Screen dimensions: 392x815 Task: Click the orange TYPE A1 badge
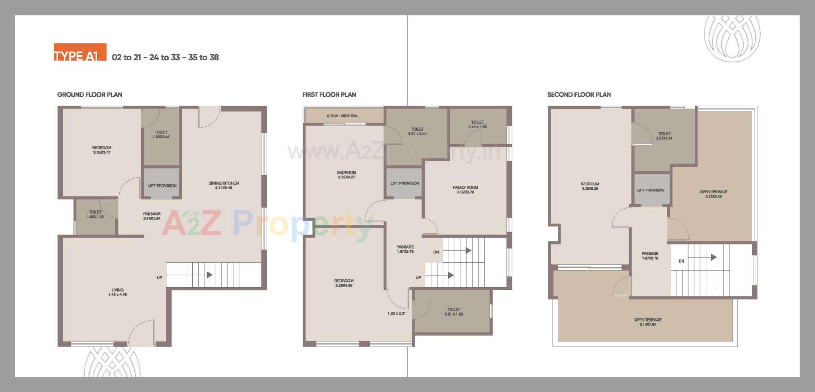point(80,53)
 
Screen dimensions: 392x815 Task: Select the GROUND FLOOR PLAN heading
point(90,95)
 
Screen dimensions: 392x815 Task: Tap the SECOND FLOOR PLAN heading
point(579,95)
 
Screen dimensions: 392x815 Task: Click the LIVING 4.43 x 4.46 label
point(118,292)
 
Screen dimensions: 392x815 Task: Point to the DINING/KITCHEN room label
point(223,185)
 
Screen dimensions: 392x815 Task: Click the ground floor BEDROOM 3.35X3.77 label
point(101,150)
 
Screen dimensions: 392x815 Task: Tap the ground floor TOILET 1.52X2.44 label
point(161,134)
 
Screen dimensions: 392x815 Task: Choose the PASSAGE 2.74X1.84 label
point(152,216)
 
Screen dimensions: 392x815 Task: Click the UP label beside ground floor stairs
point(160,278)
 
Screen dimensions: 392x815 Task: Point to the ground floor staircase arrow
point(209,275)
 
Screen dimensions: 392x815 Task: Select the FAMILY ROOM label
point(465,190)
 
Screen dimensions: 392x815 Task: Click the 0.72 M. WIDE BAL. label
point(343,116)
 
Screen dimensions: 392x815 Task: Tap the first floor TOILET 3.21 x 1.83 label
point(453,312)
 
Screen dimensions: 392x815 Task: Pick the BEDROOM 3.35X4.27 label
point(346,175)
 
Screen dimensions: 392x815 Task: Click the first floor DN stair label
point(436,252)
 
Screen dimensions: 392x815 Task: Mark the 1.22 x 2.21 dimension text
point(396,314)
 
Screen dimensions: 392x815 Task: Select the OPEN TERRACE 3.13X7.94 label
point(648,322)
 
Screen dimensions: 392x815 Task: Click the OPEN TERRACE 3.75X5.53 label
point(714,194)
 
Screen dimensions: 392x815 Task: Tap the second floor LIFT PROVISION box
point(651,190)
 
